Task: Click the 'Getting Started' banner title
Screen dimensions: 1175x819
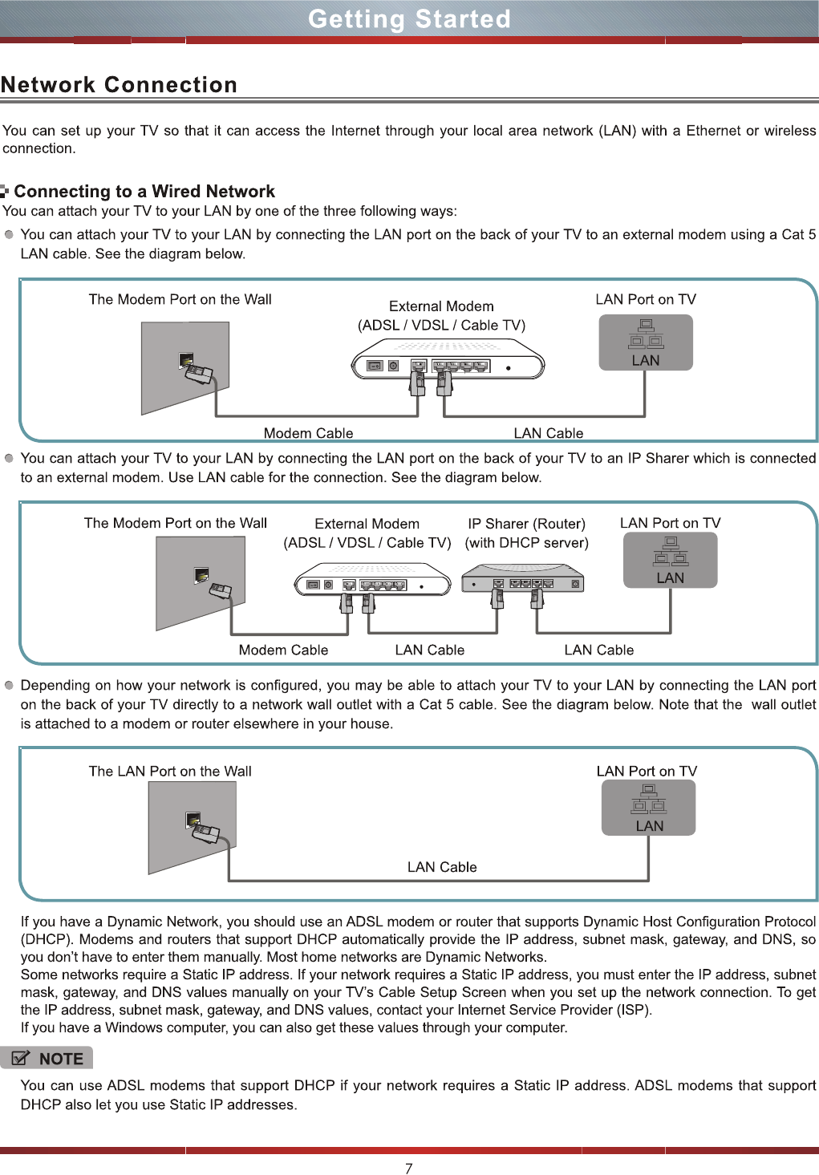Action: pos(409,18)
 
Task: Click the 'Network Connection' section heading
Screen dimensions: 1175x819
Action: pos(119,84)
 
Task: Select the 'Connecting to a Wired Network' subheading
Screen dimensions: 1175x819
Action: pos(144,191)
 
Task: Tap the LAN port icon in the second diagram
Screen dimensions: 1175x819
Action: pos(670,560)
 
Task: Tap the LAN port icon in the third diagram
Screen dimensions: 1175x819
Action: pos(648,808)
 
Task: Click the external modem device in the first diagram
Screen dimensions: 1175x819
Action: pos(448,360)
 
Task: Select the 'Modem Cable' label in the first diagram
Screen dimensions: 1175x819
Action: pos(308,433)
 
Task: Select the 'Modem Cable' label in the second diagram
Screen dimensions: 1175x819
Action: pos(283,650)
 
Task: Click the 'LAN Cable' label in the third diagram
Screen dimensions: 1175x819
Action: pos(441,867)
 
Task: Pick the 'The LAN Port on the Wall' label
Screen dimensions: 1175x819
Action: pos(170,771)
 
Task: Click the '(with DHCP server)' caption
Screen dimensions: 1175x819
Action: pos(526,542)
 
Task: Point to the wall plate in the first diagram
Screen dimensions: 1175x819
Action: pos(185,367)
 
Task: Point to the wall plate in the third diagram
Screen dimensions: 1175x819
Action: pos(193,826)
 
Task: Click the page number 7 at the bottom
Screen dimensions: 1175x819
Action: pos(409,1168)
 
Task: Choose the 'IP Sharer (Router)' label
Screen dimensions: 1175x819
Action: pos(526,523)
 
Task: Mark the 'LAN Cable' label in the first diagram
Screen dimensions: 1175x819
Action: pos(548,433)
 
